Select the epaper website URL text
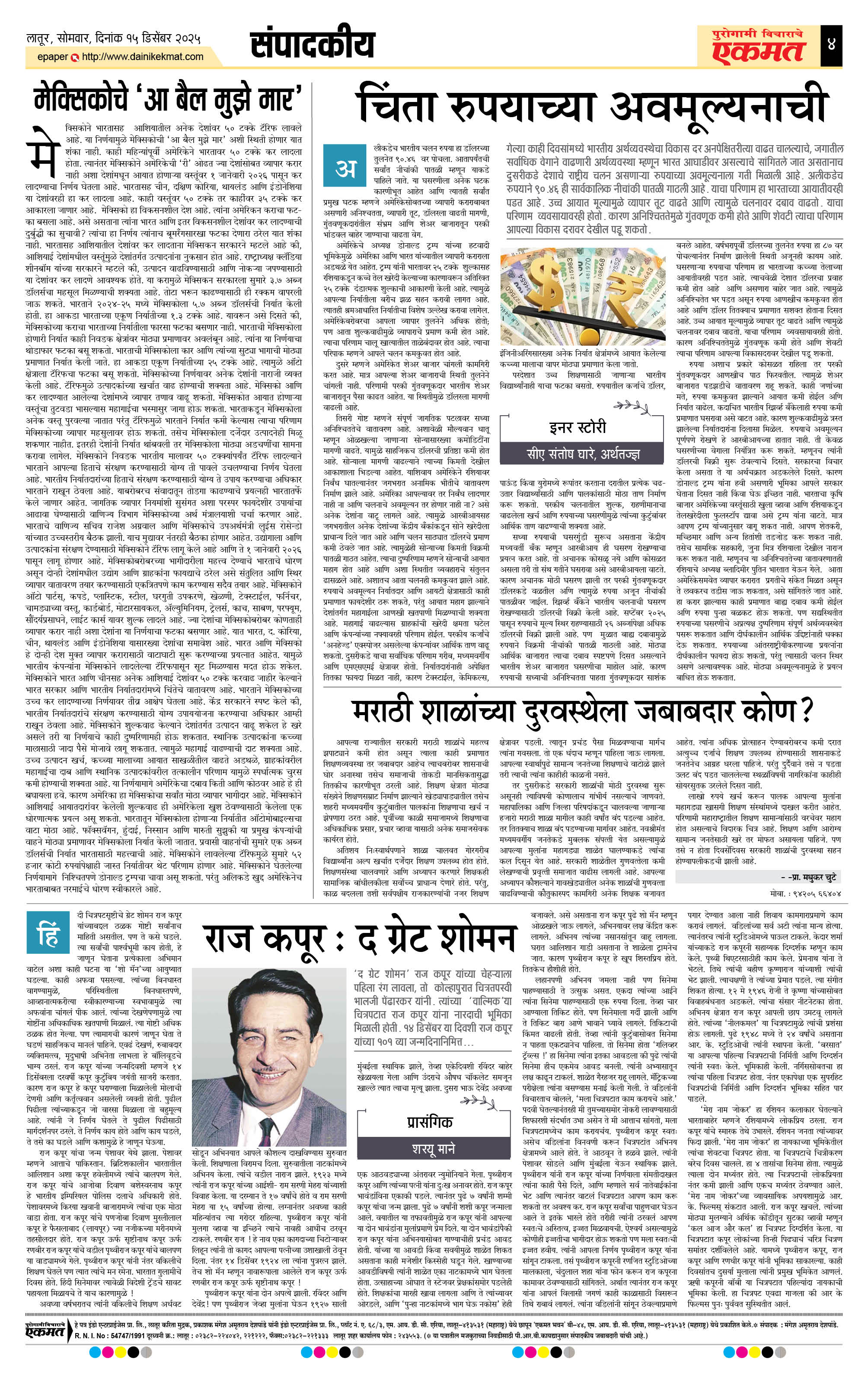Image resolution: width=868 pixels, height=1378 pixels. point(143,57)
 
